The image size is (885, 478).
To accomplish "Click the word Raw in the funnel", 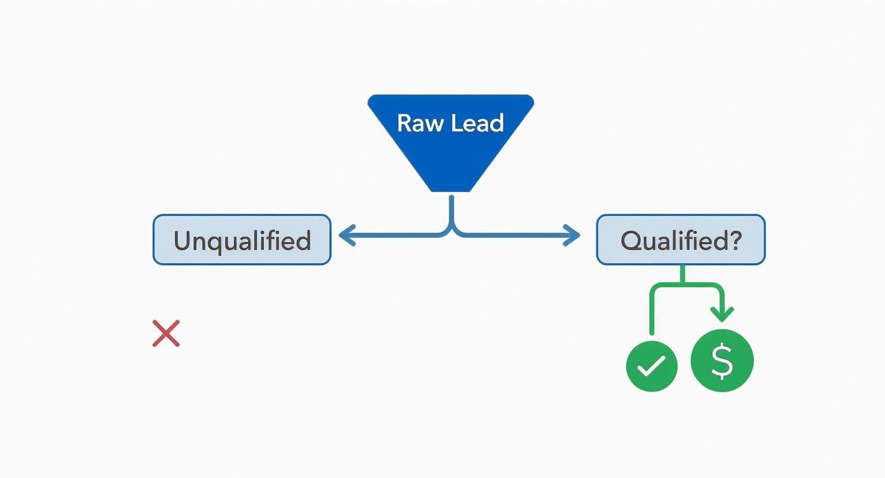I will pos(416,123).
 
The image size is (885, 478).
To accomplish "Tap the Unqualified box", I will pos(242,240).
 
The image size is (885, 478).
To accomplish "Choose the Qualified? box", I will pos(680,240).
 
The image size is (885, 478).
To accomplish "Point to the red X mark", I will pos(166,333).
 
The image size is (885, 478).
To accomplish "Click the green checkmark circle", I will pos(652,365).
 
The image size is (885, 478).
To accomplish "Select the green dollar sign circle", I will pos(722,360).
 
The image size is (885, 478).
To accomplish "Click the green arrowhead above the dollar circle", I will pos(722,314).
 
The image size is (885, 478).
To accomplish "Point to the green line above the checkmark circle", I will pos(652,315).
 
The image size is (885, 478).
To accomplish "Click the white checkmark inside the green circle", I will pos(652,365).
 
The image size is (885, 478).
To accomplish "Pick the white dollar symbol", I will pos(722,360).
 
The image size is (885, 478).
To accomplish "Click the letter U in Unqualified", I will pos(182,240).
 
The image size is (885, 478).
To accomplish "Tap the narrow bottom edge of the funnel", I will pos(451,190).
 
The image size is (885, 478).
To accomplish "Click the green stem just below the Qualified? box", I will pos(682,273).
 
